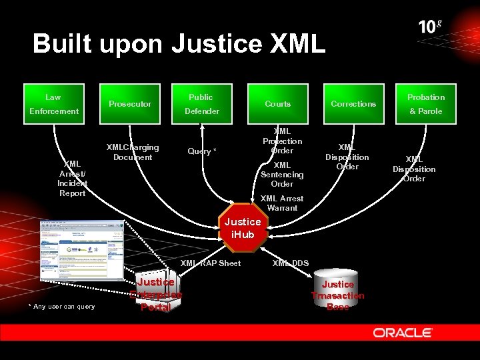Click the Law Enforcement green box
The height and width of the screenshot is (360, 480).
(x=53, y=104)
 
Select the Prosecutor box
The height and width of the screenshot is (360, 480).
(x=130, y=104)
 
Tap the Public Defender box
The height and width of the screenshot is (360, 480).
(x=201, y=104)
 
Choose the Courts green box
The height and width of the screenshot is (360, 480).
(x=277, y=104)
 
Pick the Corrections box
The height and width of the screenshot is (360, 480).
(x=353, y=104)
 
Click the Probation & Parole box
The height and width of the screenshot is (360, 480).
(x=426, y=104)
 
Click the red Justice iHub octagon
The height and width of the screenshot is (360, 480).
(x=243, y=228)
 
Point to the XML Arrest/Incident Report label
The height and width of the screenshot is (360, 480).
(x=72, y=179)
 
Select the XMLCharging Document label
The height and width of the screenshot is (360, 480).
(x=133, y=152)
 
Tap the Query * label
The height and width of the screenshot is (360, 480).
(x=201, y=151)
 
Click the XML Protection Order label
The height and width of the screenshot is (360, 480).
(x=282, y=141)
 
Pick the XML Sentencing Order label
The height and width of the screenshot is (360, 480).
(x=282, y=175)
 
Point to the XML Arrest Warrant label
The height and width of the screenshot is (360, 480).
(x=281, y=203)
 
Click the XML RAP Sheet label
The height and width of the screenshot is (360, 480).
(x=211, y=263)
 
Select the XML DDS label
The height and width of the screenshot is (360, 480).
(x=290, y=263)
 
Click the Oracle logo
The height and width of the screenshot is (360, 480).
(x=403, y=333)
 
